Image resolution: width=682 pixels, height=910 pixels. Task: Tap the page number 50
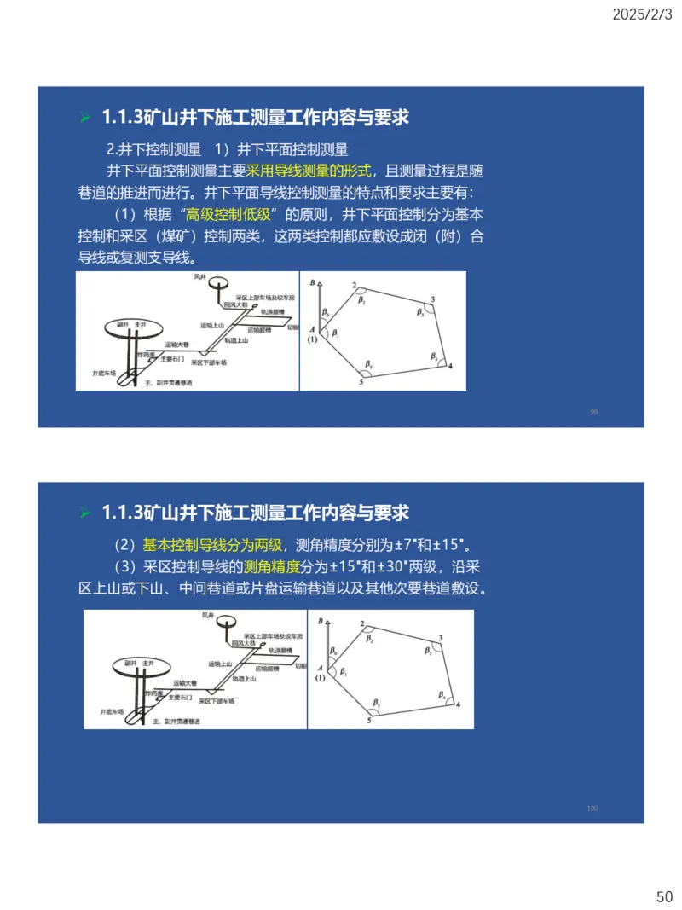point(664,896)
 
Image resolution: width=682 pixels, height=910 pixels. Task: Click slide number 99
point(594,412)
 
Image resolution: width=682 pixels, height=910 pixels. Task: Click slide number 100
point(592,808)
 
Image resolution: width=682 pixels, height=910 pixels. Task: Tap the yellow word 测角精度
point(272,566)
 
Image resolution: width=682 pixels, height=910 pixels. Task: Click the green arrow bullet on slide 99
point(84,118)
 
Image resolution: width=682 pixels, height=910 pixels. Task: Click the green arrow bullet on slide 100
point(84,513)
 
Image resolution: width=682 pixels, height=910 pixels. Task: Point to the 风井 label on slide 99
point(199,277)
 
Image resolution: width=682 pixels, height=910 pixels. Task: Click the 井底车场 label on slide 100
point(112,710)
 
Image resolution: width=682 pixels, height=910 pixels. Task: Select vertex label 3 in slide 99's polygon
point(433,299)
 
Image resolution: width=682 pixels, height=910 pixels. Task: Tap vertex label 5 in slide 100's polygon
point(369,721)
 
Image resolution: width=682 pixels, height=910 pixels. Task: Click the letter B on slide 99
point(312,281)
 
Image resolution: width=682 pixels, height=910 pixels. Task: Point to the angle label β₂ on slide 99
point(361,301)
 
